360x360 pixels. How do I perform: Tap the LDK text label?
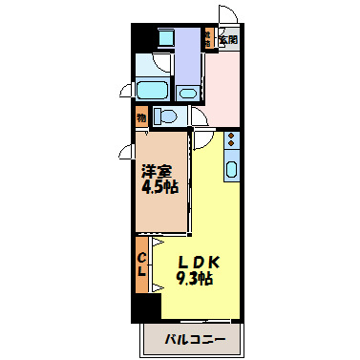tap(199, 261)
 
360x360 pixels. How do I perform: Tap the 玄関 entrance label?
tap(228, 40)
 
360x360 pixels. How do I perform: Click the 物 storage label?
tap(140, 117)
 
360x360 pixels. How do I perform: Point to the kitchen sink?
tap(231, 169)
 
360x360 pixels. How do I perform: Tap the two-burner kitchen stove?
tap(231, 141)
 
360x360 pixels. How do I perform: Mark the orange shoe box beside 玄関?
tap(205, 39)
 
